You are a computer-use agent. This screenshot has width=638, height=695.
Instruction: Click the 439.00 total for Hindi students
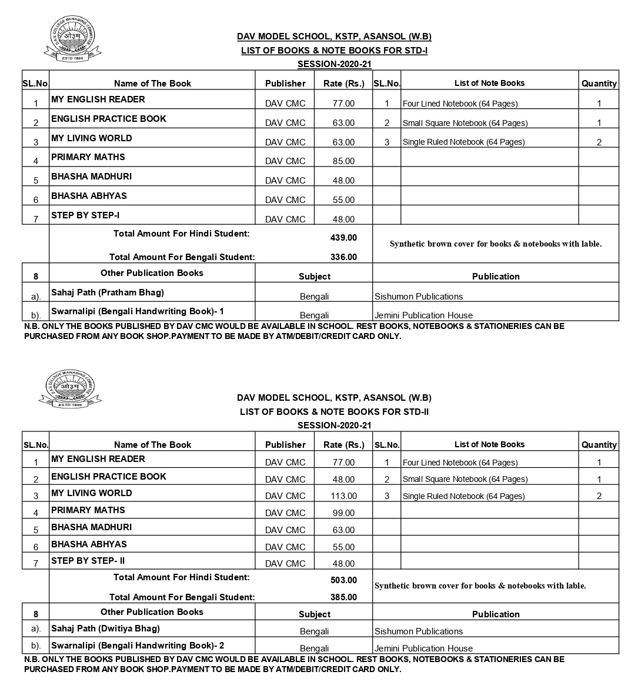click(x=343, y=238)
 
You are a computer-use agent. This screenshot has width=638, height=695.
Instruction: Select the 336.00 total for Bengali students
click(x=343, y=257)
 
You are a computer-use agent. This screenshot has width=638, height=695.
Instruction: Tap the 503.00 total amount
click(x=343, y=580)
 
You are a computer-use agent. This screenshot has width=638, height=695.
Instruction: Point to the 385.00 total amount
click(x=343, y=597)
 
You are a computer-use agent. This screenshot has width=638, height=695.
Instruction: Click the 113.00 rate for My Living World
click(x=343, y=496)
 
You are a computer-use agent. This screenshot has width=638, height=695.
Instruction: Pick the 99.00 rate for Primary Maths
click(x=343, y=513)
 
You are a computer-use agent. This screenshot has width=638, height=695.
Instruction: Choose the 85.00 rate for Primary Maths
click(x=343, y=161)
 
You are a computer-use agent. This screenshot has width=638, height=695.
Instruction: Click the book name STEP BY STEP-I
click(x=85, y=215)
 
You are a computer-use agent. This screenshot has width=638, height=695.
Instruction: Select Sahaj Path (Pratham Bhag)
click(x=108, y=292)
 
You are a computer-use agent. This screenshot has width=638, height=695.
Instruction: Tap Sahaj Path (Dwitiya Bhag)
click(x=105, y=629)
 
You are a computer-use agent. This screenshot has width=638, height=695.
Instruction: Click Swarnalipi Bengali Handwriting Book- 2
click(x=138, y=646)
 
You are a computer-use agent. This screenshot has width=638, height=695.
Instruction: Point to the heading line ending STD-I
click(x=334, y=51)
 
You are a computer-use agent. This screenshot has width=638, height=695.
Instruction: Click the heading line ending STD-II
click(x=334, y=412)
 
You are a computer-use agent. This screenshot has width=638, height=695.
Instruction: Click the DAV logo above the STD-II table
click(x=70, y=388)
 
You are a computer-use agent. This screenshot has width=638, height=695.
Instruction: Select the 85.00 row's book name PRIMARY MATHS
click(x=88, y=157)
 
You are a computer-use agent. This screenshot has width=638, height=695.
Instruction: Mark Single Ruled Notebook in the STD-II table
click(x=463, y=496)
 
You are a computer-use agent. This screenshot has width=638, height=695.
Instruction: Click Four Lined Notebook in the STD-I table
click(x=460, y=104)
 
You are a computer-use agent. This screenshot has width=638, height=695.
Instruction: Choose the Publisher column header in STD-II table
click(x=285, y=445)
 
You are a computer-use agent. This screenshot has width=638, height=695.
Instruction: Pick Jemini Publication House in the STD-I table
click(x=423, y=315)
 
